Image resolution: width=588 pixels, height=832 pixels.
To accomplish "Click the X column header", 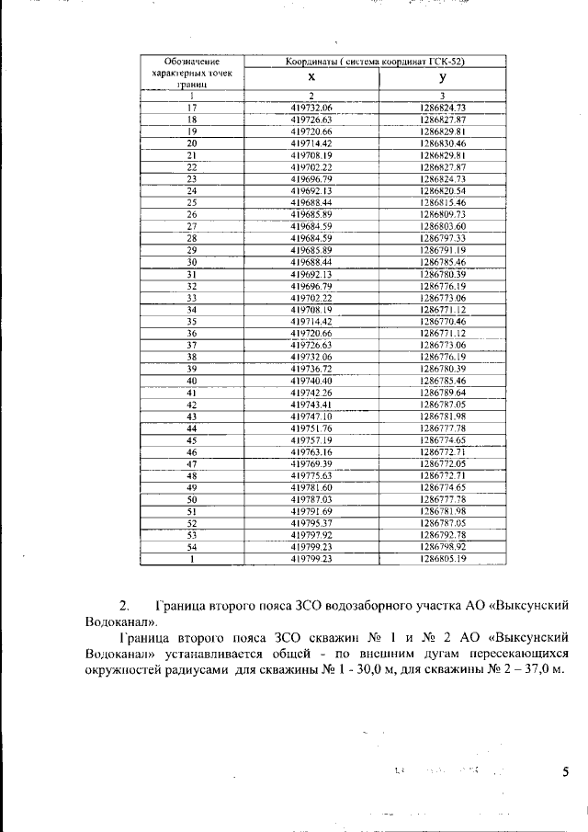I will [311, 79].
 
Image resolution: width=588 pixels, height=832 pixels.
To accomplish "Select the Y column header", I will [442, 79].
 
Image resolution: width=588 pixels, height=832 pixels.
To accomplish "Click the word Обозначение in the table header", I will [192, 61].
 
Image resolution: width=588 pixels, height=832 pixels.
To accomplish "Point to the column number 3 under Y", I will [442, 97].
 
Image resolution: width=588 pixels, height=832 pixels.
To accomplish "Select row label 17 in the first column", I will [192, 108].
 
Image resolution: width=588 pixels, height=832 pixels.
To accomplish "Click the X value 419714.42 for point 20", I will [311, 143].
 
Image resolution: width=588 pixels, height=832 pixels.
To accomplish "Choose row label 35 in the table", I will [192, 322].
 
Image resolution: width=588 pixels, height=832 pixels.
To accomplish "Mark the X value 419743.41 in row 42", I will [311, 405].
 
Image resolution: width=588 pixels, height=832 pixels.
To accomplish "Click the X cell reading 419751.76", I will [311, 428].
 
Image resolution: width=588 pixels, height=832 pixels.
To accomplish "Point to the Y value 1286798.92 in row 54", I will [442, 547].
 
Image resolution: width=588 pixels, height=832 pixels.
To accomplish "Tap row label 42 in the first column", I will [192, 405].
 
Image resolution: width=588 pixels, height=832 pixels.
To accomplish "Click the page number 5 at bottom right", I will [566, 772].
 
